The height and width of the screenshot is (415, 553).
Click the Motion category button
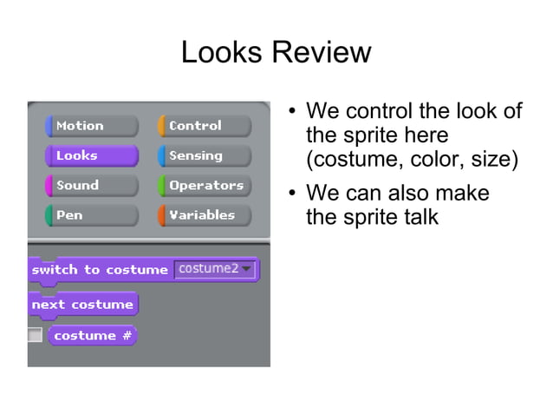(x=91, y=126)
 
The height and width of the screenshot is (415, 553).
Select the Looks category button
(x=91, y=155)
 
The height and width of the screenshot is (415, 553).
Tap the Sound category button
(x=91, y=185)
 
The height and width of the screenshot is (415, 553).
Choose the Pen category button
(x=91, y=214)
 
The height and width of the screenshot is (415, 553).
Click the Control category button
(x=204, y=126)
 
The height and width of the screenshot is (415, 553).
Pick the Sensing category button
(x=204, y=155)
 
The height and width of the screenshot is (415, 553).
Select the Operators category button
(x=204, y=185)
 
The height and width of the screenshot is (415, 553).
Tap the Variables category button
(x=204, y=214)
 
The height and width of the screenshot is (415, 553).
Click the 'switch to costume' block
(x=100, y=270)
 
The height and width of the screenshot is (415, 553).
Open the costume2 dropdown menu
(x=215, y=269)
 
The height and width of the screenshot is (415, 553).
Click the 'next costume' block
(x=82, y=305)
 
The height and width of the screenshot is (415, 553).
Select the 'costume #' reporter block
(x=92, y=336)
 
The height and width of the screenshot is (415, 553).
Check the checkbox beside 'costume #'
(x=35, y=335)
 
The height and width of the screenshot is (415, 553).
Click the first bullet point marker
(x=293, y=113)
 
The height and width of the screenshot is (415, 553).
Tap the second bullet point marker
(x=293, y=194)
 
